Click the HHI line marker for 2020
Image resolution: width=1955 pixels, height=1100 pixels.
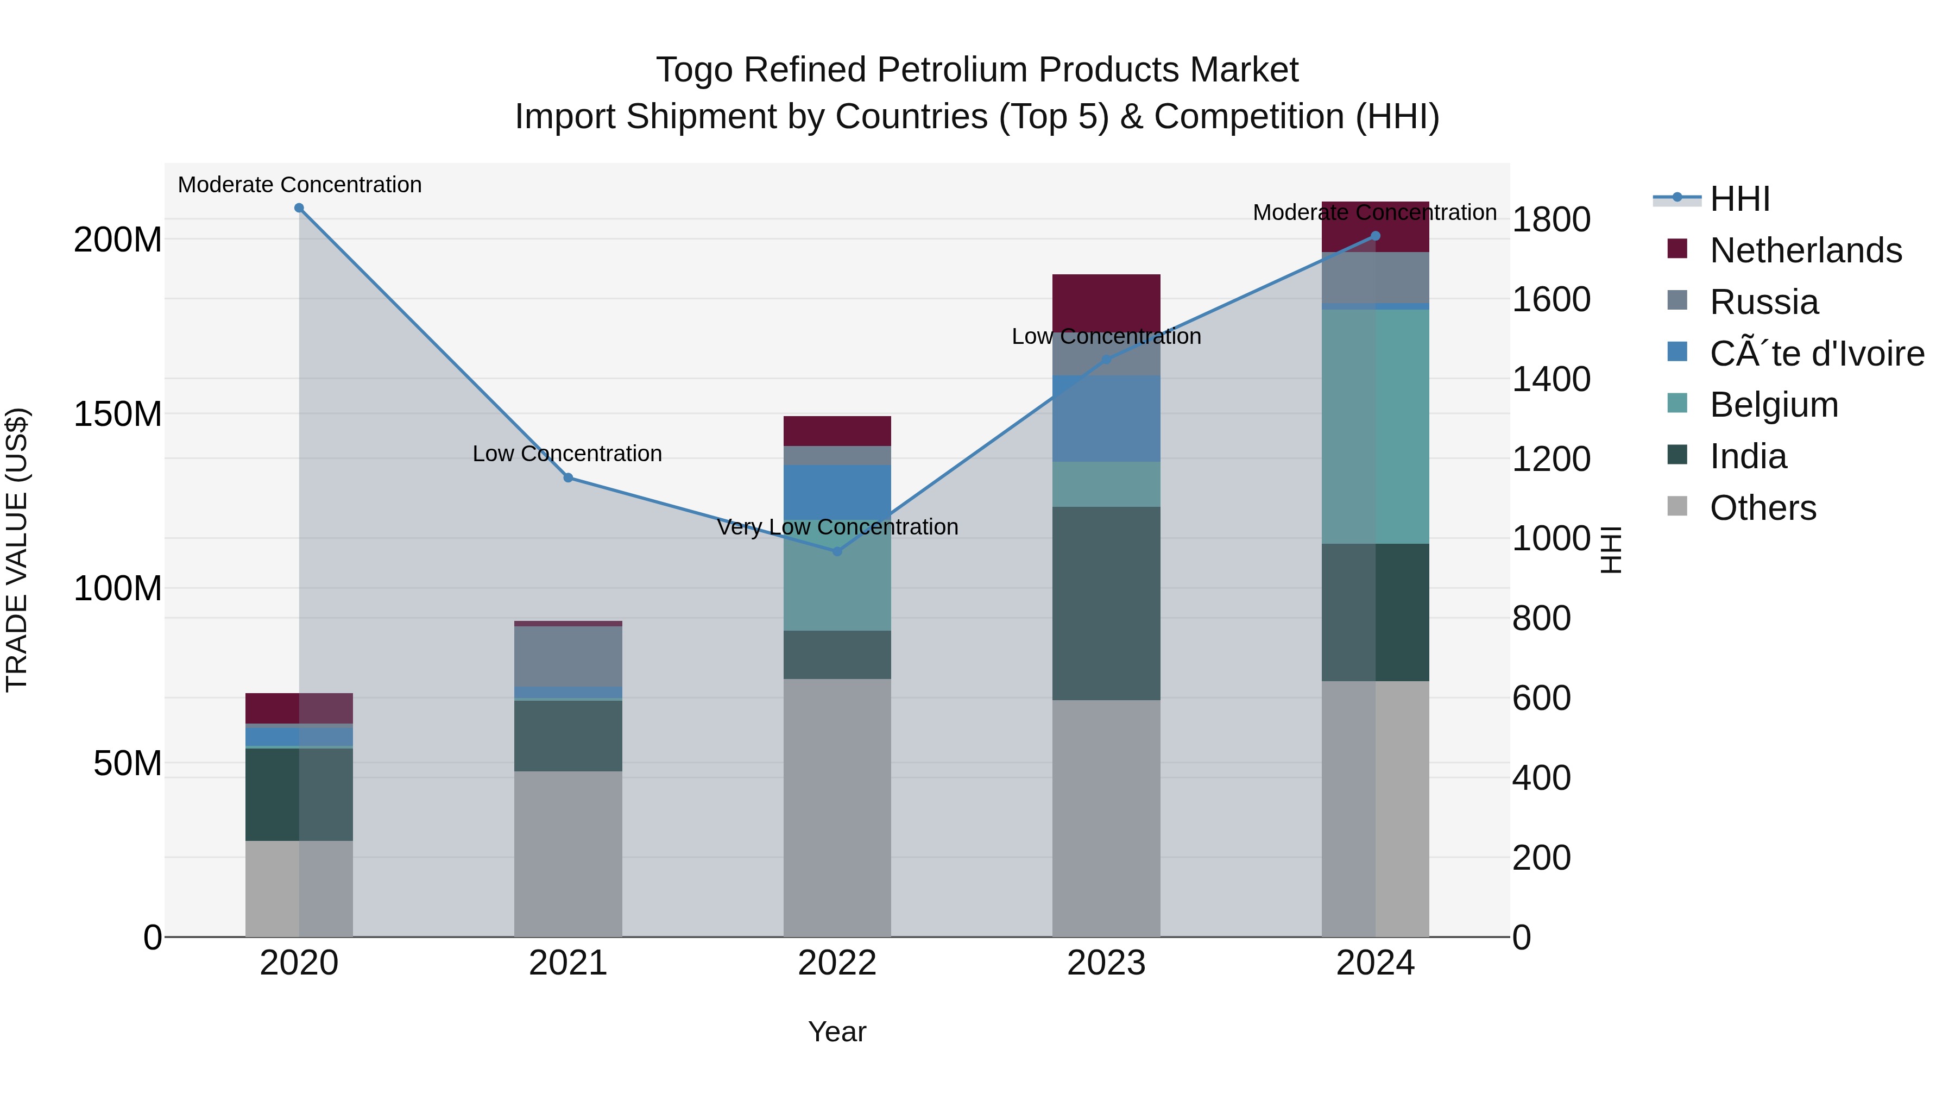tap(299, 208)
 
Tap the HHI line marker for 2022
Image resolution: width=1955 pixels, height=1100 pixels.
tap(837, 551)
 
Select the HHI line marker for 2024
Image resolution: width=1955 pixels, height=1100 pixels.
tap(1375, 236)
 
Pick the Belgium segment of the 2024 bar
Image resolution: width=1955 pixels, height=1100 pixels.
tap(1375, 426)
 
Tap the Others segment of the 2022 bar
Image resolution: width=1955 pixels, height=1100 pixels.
tap(837, 807)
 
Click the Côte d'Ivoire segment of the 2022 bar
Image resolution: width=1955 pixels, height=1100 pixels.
tap(837, 492)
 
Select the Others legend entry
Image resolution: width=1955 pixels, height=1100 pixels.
tap(1762, 508)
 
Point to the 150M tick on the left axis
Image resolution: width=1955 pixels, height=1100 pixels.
tap(118, 414)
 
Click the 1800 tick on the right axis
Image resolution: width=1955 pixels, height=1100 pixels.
tap(1552, 219)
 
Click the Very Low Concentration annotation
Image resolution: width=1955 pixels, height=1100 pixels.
tap(837, 527)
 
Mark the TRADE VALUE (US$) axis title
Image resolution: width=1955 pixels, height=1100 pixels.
tap(17, 550)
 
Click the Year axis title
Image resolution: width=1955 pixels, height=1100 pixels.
tap(837, 1032)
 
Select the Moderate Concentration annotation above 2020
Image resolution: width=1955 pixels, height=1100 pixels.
tap(300, 185)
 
